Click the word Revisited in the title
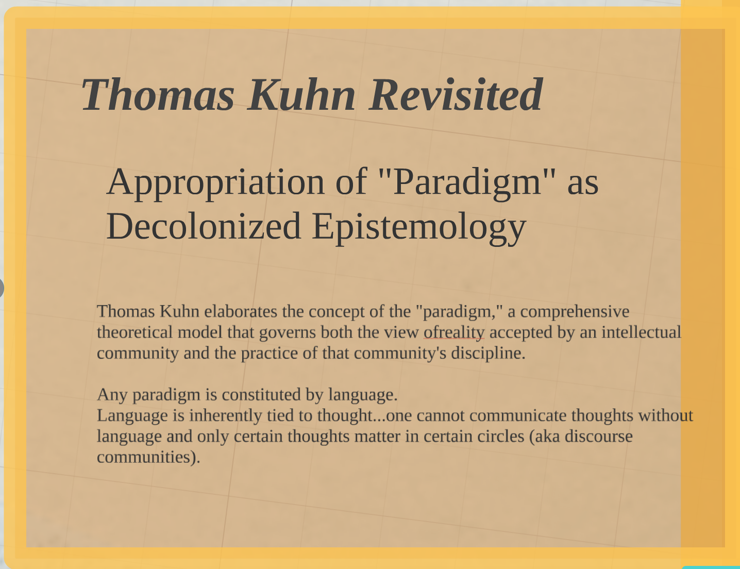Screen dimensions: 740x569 click(x=456, y=94)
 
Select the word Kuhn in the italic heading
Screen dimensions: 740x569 click(x=302, y=94)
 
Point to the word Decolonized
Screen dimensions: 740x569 click(x=204, y=226)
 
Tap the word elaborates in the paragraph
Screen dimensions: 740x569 click(x=241, y=311)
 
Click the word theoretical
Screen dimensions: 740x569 click(x=135, y=332)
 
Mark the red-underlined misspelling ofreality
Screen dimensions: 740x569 click(x=454, y=332)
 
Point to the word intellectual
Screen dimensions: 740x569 click(x=641, y=332)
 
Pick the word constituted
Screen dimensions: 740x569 click(x=261, y=395)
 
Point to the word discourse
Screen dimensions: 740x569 click(x=599, y=436)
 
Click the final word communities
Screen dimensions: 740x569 click(x=148, y=458)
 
